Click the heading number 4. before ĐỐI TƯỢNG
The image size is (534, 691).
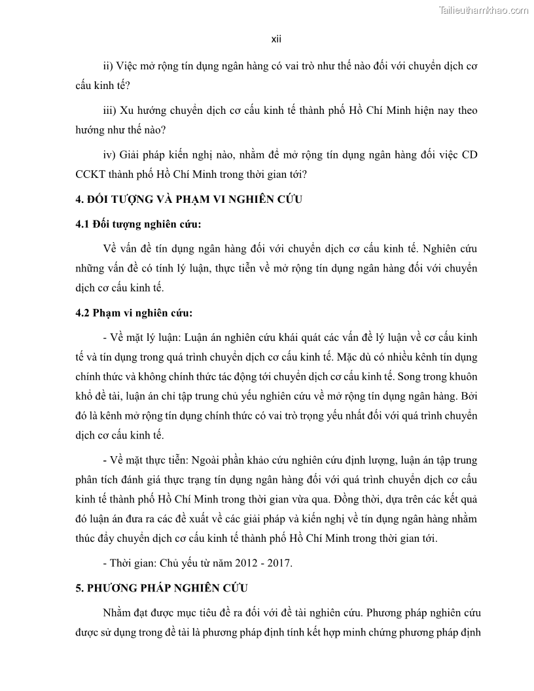[x=79, y=200]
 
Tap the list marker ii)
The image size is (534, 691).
[x=109, y=67]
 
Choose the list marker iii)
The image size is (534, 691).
[x=111, y=111]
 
